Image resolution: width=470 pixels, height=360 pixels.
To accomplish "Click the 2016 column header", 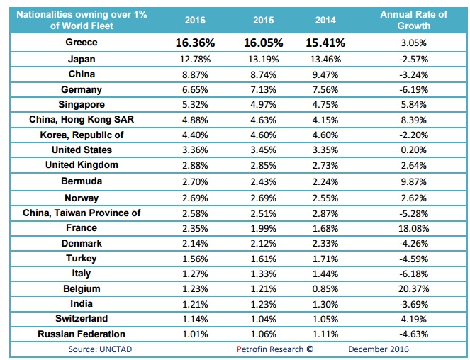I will [195, 20].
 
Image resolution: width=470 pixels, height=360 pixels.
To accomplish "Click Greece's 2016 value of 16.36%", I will [195, 43].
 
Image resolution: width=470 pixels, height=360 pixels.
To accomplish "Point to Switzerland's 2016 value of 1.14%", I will [195, 319].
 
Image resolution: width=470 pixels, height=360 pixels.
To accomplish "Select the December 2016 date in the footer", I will [379, 349].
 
